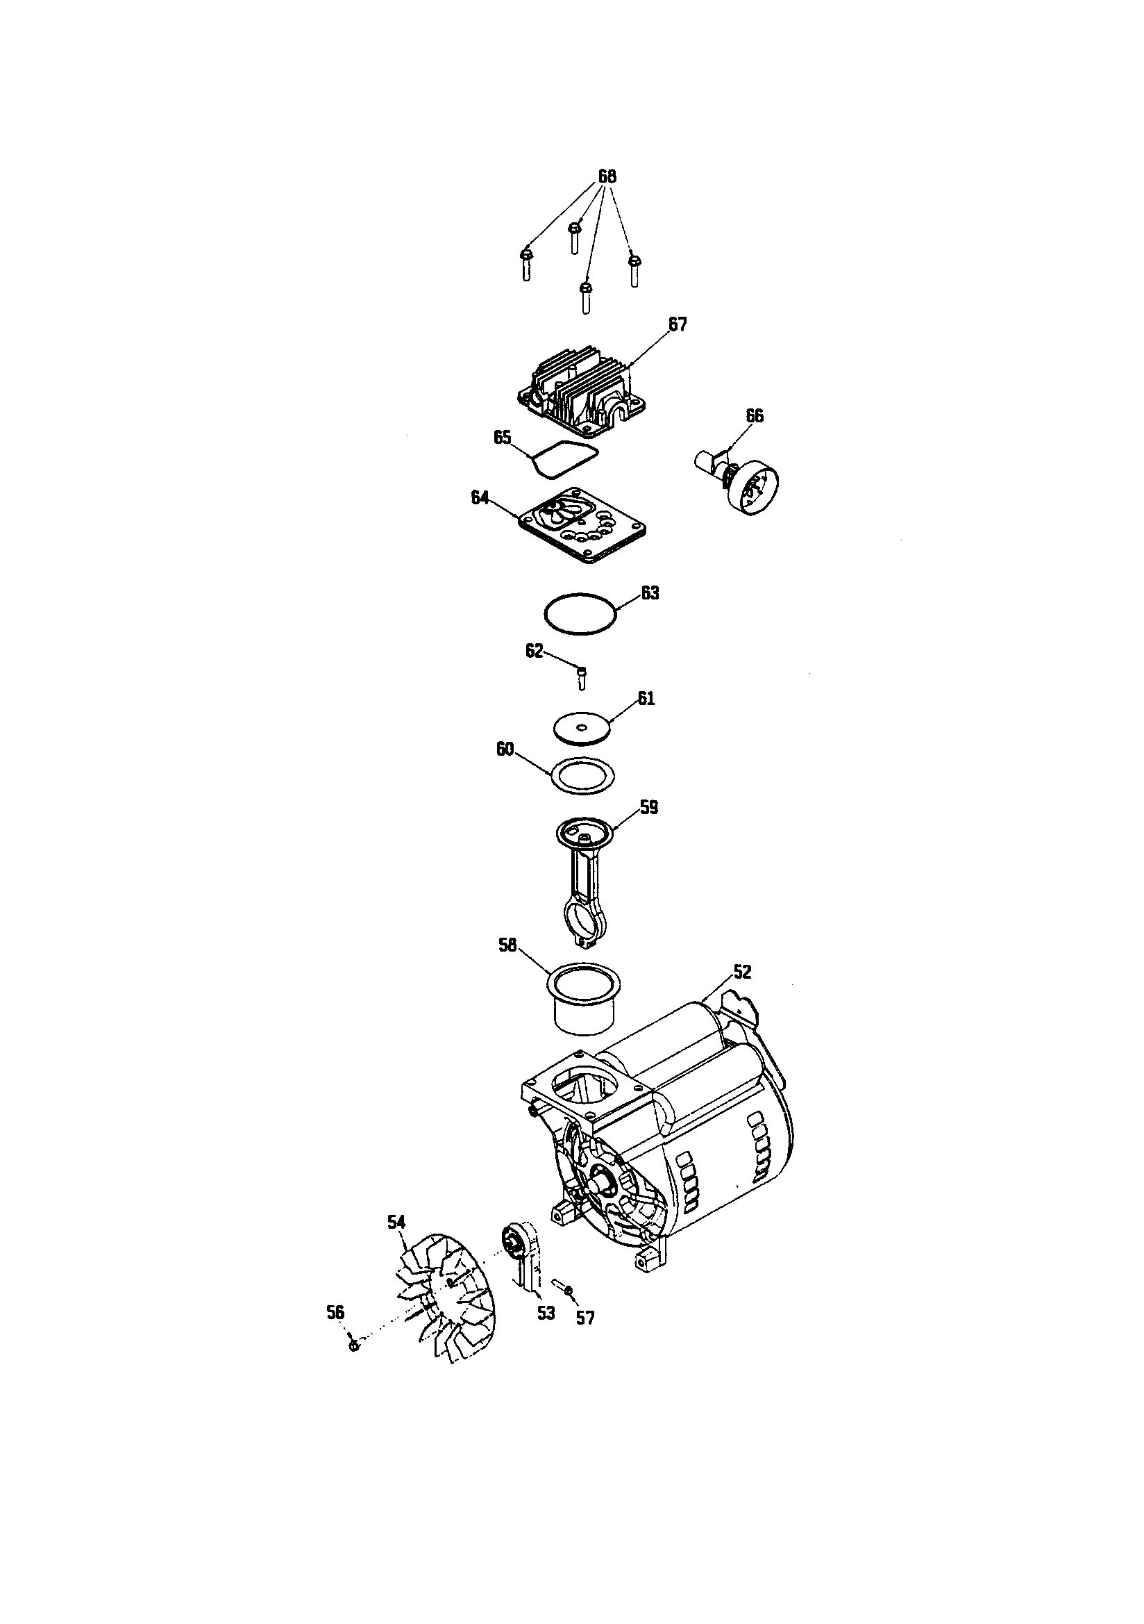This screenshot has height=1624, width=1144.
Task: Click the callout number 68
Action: (x=607, y=177)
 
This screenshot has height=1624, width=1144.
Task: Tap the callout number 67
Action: (x=678, y=324)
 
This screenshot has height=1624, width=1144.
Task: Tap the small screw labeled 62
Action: (x=582, y=678)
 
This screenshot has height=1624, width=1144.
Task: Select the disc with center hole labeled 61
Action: (x=581, y=728)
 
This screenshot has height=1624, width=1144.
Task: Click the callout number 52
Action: (x=741, y=972)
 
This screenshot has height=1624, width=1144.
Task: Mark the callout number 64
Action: (x=480, y=498)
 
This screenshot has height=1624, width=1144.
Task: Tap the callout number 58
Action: (x=507, y=945)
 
